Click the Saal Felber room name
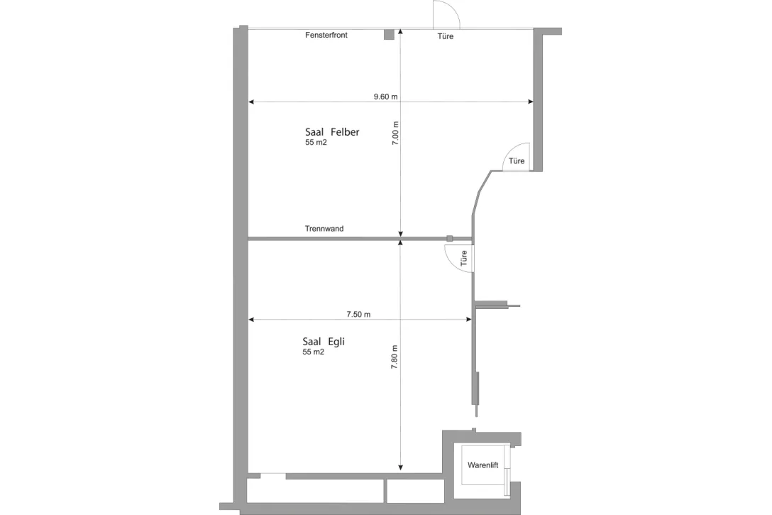332,132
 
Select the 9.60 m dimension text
385,97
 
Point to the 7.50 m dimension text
358,314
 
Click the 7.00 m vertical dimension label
395,134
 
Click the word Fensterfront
326,35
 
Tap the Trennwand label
324,229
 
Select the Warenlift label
482,465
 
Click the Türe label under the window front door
446,36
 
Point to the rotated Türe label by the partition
464,258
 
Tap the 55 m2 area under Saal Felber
316,143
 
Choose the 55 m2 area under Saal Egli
313,352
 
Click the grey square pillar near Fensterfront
389,35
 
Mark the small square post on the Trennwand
449,238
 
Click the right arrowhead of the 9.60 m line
530,102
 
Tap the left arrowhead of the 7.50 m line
251,320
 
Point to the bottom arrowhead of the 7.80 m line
401,467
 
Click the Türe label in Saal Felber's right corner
517,161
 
